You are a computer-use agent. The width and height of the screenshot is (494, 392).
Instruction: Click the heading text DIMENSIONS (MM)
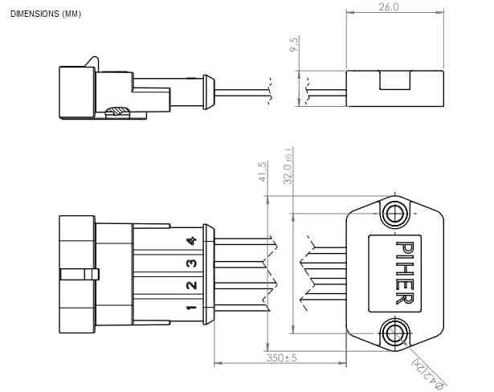pos(46,14)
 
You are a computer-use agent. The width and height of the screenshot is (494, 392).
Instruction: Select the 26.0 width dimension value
pos(388,7)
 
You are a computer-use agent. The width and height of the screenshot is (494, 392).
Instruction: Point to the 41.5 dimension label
pos(262,173)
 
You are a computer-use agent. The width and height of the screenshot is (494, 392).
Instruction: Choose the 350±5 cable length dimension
pos(281,358)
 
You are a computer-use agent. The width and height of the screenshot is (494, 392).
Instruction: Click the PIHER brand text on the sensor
pos(403,273)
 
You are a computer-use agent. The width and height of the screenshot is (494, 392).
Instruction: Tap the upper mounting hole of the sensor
pos(394,213)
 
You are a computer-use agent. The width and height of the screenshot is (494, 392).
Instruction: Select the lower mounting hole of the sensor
pos(394,332)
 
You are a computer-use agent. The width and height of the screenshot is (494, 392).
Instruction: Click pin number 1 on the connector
pos(191,308)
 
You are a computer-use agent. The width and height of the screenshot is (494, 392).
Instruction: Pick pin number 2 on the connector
pos(191,286)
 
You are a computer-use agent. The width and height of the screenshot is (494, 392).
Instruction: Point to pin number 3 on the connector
pos(191,263)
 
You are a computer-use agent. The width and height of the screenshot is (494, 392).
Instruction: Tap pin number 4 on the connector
pos(191,241)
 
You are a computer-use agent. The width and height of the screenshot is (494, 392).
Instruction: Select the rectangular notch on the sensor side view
pos(394,80)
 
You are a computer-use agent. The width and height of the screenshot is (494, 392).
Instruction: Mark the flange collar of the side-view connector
pos(208,91)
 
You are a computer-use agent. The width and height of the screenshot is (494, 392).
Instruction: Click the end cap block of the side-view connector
pos(76,92)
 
